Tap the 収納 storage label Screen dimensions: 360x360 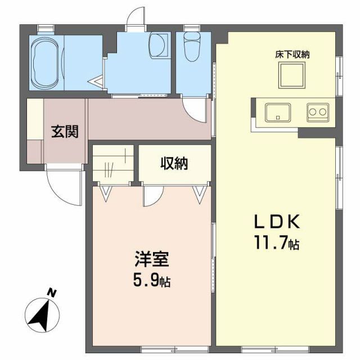174,164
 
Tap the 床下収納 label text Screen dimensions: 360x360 292,55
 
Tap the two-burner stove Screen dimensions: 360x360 317,112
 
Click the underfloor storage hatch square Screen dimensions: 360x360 292,74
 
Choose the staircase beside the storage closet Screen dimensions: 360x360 112,163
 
